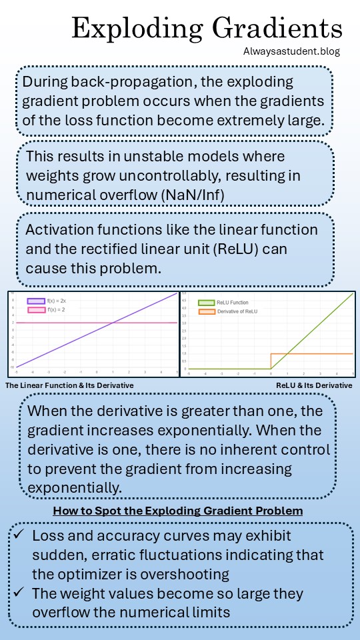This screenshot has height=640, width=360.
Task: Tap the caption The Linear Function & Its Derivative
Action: click(69, 385)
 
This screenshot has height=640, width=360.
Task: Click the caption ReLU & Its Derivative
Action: click(314, 385)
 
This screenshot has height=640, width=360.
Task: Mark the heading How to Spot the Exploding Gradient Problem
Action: click(179, 511)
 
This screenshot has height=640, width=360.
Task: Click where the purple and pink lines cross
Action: click(113, 323)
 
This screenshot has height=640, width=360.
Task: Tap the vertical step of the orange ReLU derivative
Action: click(271, 361)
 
